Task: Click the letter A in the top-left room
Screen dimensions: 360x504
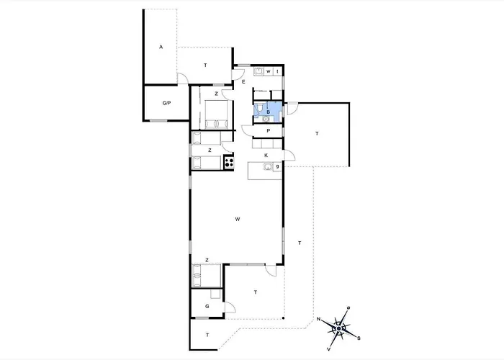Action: [161, 48]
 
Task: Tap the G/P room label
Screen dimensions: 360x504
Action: [166, 104]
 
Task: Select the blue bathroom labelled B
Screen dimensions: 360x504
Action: [268, 112]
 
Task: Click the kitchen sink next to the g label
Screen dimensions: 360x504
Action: [267, 168]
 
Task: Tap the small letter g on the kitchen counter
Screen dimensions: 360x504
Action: [277, 167]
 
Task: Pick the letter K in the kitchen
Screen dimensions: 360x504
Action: [266, 155]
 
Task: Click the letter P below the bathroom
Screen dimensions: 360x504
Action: [268, 131]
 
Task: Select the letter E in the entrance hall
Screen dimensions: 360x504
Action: [244, 82]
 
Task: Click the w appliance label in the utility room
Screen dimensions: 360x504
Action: [269, 72]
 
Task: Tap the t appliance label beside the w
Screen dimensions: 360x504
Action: [277, 72]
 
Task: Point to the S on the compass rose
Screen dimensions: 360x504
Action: [359, 338]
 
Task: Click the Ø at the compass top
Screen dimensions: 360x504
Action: [348, 309]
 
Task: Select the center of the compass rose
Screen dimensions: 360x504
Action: [338, 328]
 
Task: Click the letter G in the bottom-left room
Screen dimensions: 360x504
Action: [207, 307]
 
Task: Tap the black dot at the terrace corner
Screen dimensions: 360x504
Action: [284, 320]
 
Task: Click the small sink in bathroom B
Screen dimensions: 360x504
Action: [266, 120]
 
